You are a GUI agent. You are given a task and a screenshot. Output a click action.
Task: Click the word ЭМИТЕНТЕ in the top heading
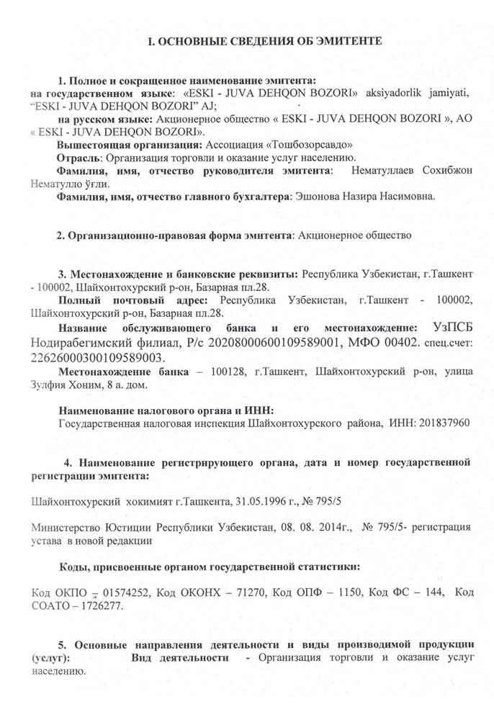(338, 42)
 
